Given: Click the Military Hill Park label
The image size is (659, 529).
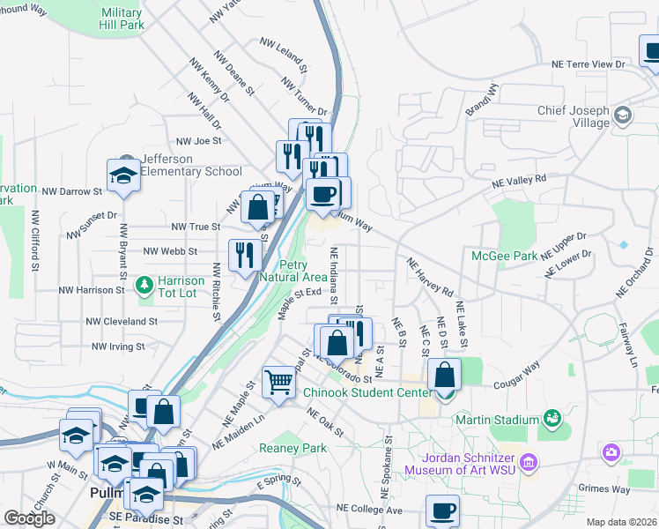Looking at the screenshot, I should coord(122,19).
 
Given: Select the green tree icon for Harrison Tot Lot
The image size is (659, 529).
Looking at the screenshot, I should coord(144,286).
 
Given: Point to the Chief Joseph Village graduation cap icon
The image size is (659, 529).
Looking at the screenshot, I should coord(623,115).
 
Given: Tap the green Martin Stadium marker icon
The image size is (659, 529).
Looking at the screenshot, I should coord(552,417).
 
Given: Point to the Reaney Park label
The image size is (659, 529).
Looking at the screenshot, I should coord(292,448).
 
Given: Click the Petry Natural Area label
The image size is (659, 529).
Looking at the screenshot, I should coord(305,271).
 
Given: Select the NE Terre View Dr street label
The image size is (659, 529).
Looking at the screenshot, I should coord(588,64).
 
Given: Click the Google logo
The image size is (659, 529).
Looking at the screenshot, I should coord(29,518).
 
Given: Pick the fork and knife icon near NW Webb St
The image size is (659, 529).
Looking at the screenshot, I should coord(244,255).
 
